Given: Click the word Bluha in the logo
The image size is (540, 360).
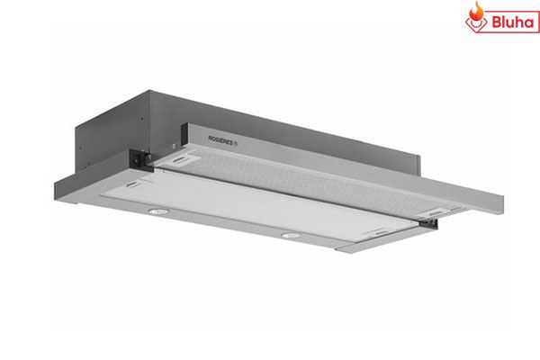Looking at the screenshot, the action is [513, 22].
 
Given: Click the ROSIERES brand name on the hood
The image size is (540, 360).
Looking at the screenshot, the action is [220, 139].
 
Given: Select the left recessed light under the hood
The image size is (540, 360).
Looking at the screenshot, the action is [158, 211].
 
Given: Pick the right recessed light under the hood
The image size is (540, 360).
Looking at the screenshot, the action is [291, 236].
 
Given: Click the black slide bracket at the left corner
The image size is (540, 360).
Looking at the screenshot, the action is [140, 159].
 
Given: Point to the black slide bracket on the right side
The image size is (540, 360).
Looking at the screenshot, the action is [428, 223].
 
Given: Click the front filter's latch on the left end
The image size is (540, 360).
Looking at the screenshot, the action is [132, 184].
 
